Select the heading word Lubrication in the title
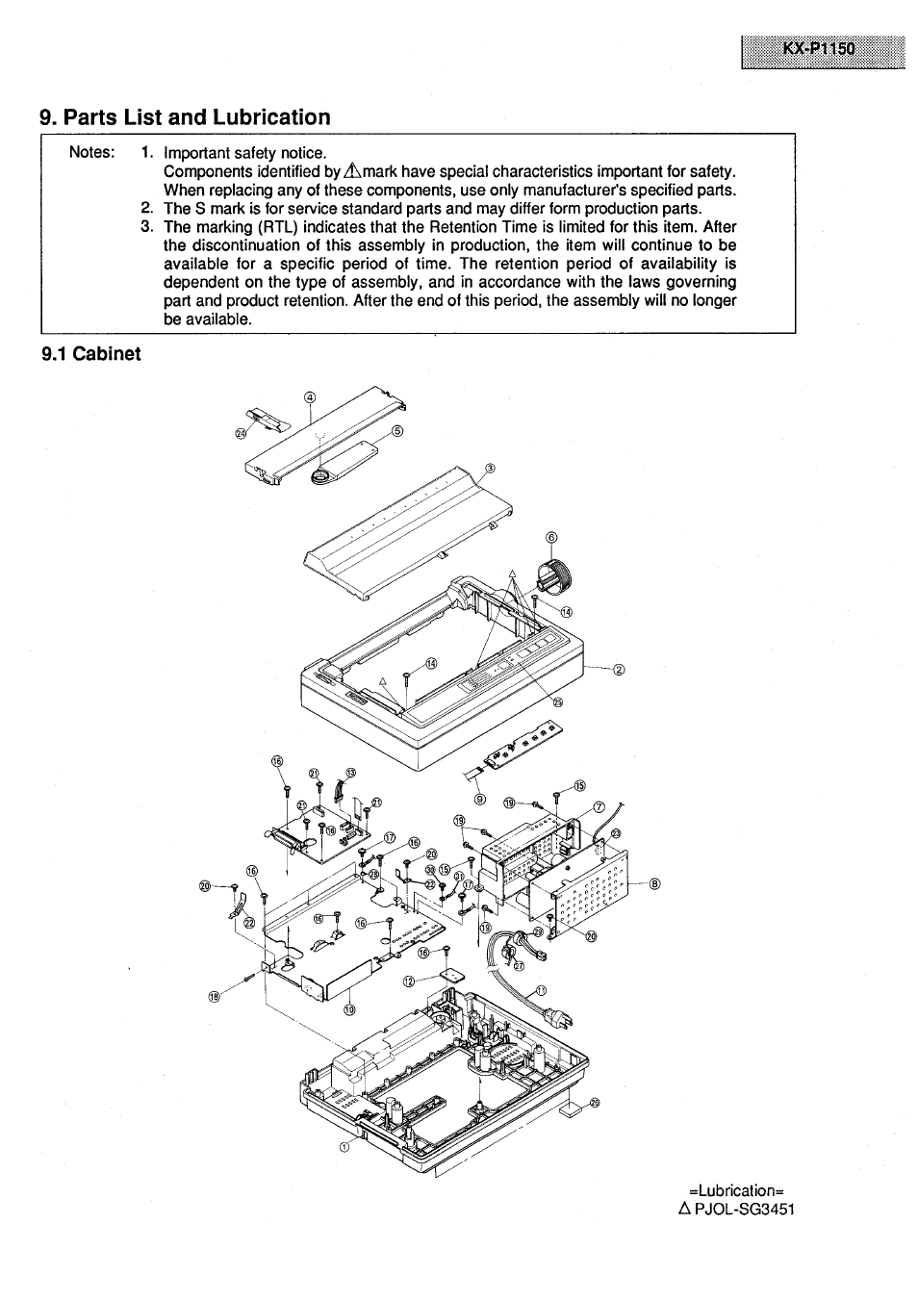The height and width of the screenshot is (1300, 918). point(271,117)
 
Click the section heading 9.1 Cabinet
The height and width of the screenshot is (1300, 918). point(91,353)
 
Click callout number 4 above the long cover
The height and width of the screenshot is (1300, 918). point(310,397)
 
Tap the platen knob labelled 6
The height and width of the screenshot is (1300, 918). point(553,575)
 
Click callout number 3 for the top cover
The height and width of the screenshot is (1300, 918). point(490,469)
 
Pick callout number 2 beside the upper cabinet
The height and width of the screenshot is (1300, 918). point(619,671)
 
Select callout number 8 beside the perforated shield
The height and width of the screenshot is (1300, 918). point(655,884)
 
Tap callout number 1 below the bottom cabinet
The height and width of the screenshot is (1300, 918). point(344,1147)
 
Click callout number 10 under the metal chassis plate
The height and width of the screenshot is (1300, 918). point(349,1009)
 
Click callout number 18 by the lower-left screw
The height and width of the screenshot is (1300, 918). point(216,998)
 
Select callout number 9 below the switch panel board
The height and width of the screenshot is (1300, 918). point(480,798)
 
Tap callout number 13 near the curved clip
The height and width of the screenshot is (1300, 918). point(350,773)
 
